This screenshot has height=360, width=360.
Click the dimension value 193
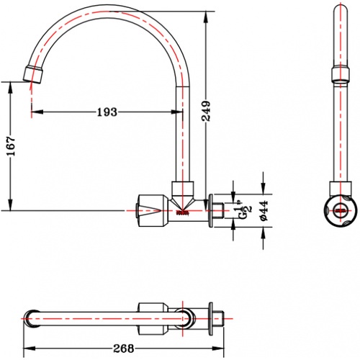point(107,112)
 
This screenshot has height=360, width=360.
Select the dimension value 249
point(206,111)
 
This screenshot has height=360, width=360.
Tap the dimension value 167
point(11,146)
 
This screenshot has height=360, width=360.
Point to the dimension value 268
point(123,348)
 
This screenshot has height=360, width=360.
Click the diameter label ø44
point(264,211)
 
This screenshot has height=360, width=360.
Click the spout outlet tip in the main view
point(34,74)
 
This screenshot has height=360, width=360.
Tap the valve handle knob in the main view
point(153,210)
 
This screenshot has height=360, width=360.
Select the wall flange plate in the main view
point(211,210)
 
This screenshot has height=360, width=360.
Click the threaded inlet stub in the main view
point(219,210)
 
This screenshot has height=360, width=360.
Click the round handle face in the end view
point(341,210)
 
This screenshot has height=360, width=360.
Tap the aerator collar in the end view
point(341,75)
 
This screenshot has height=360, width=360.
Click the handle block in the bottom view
point(153,318)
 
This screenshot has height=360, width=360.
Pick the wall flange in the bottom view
point(211,318)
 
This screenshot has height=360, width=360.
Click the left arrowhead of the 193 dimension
point(37,112)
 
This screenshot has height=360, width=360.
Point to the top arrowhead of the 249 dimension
point(206,17)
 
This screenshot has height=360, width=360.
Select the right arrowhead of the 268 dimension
point(218,348)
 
